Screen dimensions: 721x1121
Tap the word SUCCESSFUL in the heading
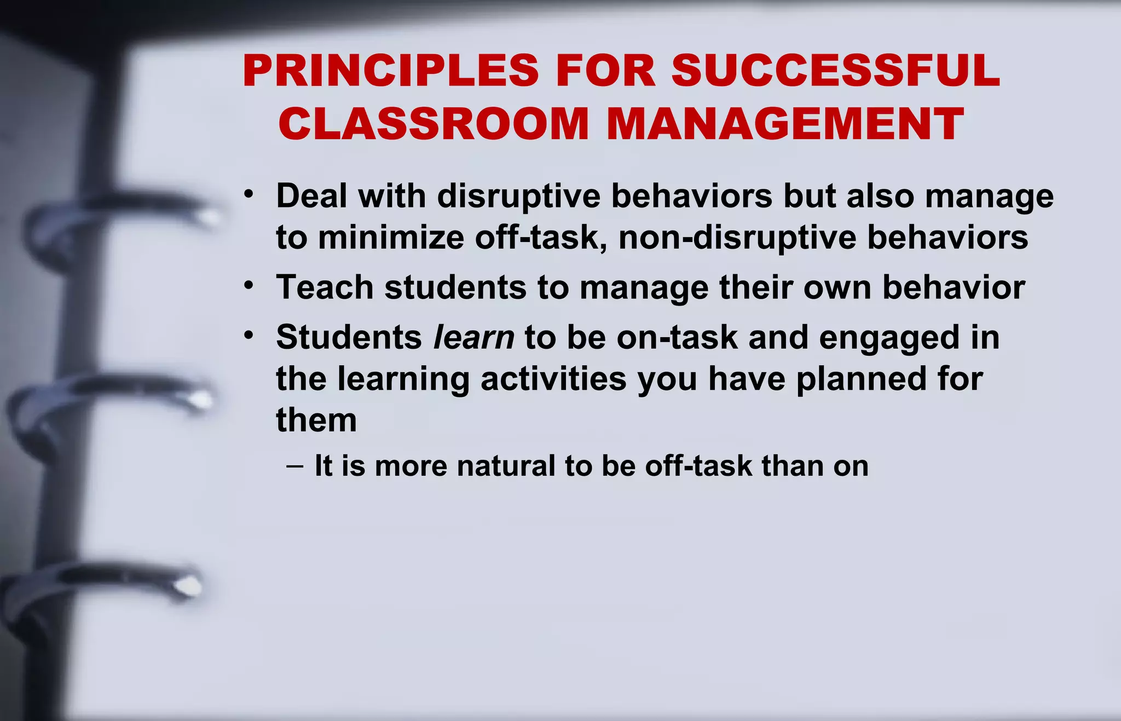pyautogui.click(x=835, y=71)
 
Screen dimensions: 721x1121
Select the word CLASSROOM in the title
pyautogui.click(x=433, y=124)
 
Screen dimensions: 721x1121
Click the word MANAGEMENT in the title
pyautogui.click(x=785, y=124)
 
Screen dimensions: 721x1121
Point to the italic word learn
pyautogui.click(x=473, y=337)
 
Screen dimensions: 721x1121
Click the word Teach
pyautogui.click(x=325, y=287)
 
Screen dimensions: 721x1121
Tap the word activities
pyautogui.click(x=553, y=379)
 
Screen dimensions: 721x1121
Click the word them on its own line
pyautogui.click(x=316, y=420)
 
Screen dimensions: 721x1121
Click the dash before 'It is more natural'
pyautogui.click(x=294, y=466)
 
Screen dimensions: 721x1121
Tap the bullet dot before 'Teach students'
pyautogui.click(x=249, y=285)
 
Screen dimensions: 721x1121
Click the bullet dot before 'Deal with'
pyautogui.click(x=249, y=194)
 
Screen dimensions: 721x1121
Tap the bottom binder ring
pyautogui.click(x=109, y=583)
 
